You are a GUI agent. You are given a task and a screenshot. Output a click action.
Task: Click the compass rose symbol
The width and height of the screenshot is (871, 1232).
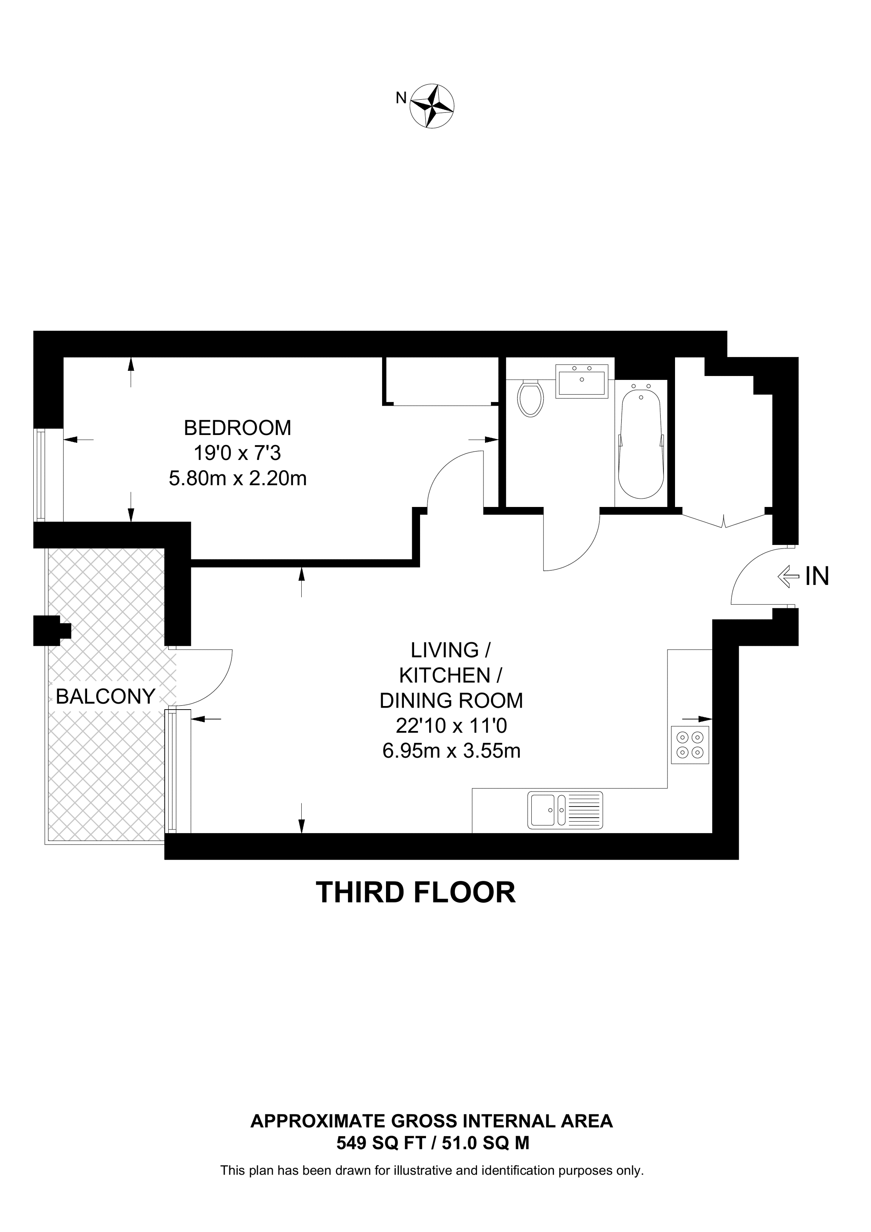432,106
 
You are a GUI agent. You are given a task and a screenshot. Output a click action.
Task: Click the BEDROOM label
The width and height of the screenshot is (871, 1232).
237,428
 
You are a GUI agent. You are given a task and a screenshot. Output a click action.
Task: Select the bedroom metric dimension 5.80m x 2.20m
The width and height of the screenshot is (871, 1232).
238,478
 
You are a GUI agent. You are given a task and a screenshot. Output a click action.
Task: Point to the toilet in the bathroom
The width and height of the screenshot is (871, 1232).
530,398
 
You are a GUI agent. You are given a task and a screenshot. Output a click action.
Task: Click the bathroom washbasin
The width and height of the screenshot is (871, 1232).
582,382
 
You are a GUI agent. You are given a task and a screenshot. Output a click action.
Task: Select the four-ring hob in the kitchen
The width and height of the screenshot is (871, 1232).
690,745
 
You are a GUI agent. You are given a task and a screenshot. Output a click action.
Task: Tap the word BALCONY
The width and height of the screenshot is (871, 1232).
106,697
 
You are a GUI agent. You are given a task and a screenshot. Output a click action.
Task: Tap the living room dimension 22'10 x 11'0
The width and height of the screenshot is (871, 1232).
451,726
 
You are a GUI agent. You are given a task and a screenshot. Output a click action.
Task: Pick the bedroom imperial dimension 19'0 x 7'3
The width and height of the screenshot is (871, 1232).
237,454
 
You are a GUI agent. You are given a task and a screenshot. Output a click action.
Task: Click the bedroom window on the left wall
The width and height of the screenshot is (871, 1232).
41,475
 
